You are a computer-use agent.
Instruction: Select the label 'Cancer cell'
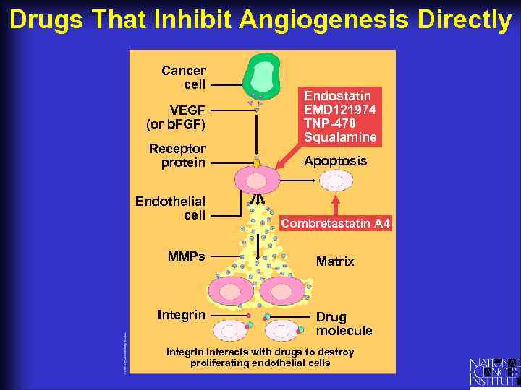[x=184, y=77]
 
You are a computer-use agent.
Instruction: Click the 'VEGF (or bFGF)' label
[x=176, y=117]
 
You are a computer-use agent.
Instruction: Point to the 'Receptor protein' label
[x=177, y=155]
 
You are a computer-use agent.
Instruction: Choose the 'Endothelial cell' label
[x=171, y=208]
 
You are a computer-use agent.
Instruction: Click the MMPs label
[x=186, y=256]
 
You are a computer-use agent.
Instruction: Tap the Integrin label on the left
[x=182, y=315]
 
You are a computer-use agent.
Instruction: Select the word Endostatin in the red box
[x=337, y=96]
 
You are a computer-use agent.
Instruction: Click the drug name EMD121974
[x=340, y=110]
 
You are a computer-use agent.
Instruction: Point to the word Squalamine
[x=340, y=137]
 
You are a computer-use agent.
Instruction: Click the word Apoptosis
[x=335, y=161]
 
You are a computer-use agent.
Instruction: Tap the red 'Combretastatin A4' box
[x=335, y=224]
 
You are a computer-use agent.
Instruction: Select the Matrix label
[x=335, y=261]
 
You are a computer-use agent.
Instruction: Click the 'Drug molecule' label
[x=344, y=324]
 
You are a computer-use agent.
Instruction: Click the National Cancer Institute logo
[x=494, y=371]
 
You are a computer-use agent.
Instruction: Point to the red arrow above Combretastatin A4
[x=335, y=204]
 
